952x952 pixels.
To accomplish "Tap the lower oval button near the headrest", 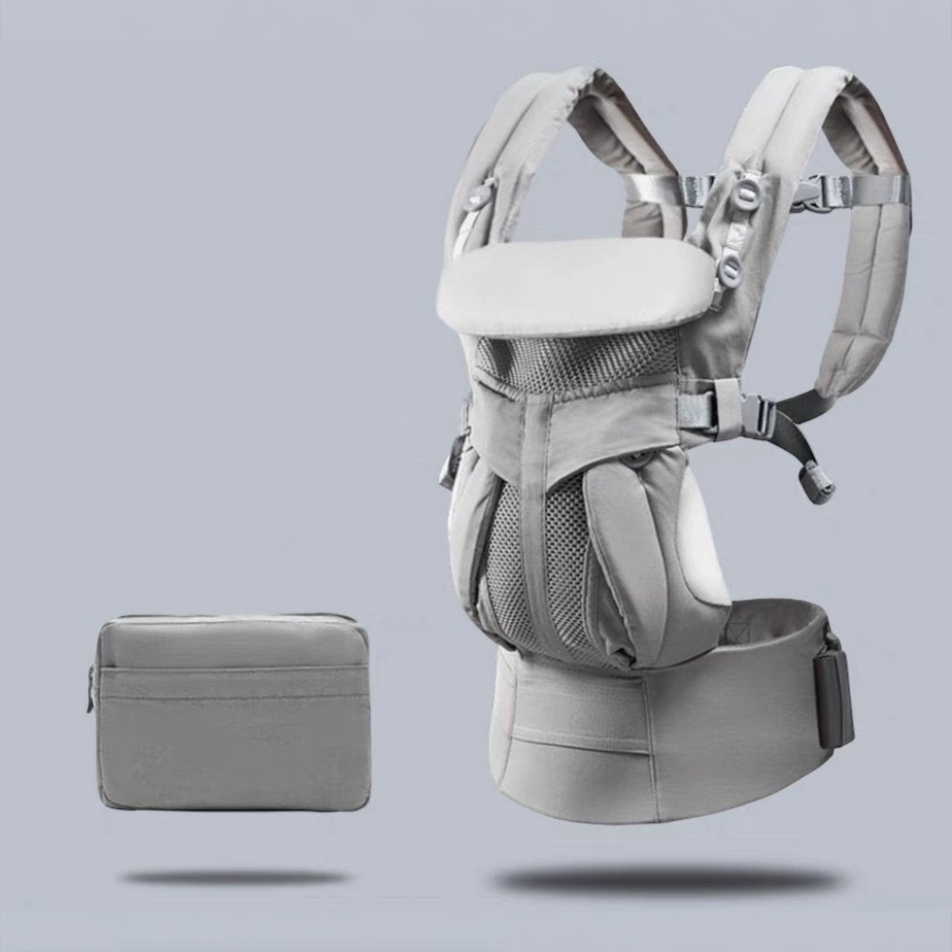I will pyautogui.click(x=733, y=268).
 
